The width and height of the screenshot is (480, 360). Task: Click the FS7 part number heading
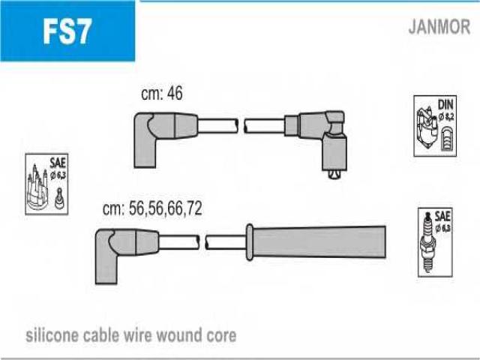67,32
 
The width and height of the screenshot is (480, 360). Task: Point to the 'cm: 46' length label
161,94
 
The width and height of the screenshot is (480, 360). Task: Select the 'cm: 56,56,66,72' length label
152,209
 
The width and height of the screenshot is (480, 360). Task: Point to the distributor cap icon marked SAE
40,191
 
